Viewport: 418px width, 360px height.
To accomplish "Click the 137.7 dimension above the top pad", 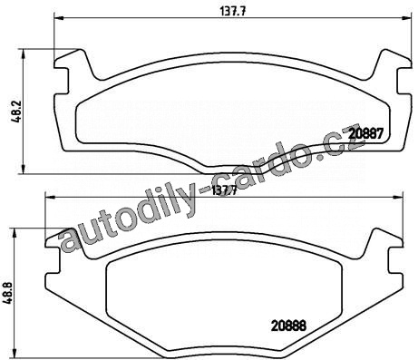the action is [232, 12].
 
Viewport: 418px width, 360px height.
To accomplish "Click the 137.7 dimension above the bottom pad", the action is [224, 190].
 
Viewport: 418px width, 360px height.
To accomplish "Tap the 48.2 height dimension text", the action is [16, 111].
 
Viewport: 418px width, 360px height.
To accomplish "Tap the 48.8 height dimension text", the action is [8, 292].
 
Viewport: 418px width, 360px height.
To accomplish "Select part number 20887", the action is [365, 133].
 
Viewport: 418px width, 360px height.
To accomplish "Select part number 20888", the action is [288, 326].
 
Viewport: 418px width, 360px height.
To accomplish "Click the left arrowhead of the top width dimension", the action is [59, 18].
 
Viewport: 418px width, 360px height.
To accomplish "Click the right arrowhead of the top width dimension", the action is [406, 18].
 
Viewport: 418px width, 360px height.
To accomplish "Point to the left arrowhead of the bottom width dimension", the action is [50, 198].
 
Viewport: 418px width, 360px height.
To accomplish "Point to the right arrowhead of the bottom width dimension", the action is [398, 198].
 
